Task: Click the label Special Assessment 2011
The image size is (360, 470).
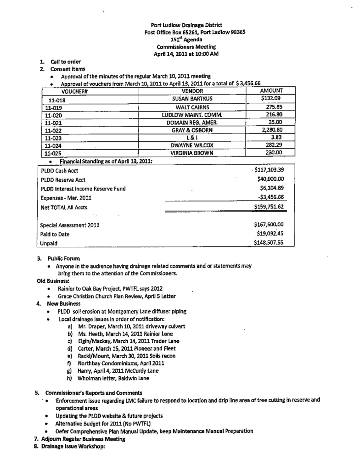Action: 69,225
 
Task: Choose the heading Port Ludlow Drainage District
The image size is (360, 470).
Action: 186,25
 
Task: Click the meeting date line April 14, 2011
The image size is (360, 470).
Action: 186,54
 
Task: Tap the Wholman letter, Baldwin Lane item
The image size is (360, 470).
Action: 113,378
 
